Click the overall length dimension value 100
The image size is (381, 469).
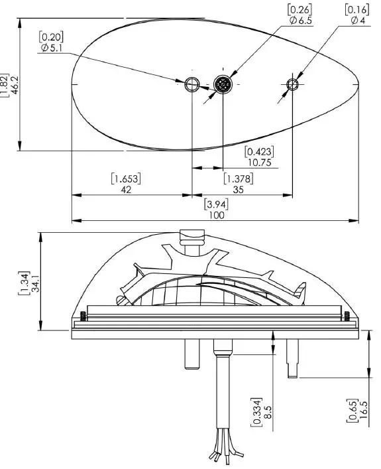216,215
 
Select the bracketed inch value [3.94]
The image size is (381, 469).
216,204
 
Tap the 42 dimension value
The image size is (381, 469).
127,190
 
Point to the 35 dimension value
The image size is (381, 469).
238,190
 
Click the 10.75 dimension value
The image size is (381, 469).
259,162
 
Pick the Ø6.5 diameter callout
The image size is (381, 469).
300,21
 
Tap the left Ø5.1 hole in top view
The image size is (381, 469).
191,84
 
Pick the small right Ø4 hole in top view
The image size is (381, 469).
292,84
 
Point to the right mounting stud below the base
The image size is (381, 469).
292,358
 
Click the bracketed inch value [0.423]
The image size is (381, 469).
259,151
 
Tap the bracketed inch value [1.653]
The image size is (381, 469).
127,178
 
